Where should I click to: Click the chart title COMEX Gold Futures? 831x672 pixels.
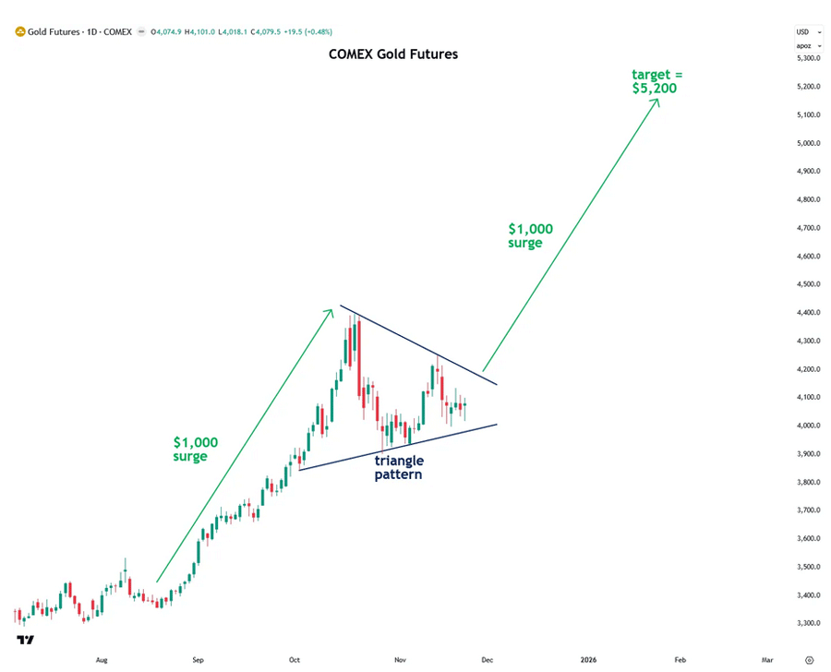coord(393,54)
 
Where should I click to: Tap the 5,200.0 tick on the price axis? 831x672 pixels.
coord(808,87)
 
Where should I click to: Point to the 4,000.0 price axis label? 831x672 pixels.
coord(808,426)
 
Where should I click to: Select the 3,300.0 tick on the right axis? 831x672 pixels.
coord(808,623)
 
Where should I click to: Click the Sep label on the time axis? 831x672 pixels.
coord(198,660)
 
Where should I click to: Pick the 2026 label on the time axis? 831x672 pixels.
coord(588,660)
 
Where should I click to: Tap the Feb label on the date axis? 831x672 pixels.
coord(680,660)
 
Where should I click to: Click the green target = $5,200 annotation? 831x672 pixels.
coord(659,81)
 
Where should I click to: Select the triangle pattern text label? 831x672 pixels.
coord(399,467)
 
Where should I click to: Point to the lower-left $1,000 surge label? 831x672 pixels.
coord(196,449)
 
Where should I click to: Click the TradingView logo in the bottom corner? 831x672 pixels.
coord(25,641)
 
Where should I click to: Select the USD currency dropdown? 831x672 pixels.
coord(808,31)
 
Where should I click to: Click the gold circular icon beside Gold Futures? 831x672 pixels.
coord(19,31)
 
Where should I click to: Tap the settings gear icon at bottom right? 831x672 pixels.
coord(809,660)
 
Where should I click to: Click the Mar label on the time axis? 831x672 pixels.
coord(766,660)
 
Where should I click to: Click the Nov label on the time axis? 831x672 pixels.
coord(400,660)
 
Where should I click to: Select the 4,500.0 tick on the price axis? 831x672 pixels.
coord(808,284)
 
